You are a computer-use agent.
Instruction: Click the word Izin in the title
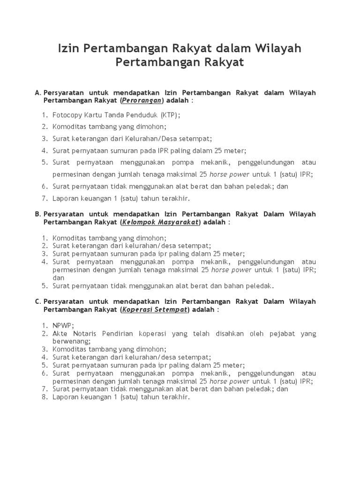coord(68,48)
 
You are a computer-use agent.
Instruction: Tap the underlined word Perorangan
coord(142,100)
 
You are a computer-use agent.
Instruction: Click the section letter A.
coord(37,93)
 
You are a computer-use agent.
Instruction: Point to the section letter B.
coord(37,214)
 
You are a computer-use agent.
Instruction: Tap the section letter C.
coord(37,302)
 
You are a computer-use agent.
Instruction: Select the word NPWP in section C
coord(63,325)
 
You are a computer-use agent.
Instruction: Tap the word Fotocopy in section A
coord(67,114)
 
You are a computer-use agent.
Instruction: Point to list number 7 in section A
coord(45,198)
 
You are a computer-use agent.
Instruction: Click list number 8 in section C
coord(45,397)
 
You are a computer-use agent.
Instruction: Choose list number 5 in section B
coord(45,285)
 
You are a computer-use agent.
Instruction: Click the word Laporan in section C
coord(66,397)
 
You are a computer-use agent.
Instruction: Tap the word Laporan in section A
coord(66,198)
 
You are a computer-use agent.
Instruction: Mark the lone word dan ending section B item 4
coord(58,277)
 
